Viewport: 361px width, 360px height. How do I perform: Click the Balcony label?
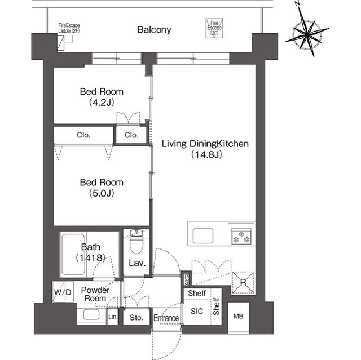(x=154, y=30)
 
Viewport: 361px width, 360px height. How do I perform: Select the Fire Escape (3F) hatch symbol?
(x=214, y=28)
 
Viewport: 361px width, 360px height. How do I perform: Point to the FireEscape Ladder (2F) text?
(x=69, y=28)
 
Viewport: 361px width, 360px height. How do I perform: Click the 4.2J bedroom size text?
(x=102, y=103)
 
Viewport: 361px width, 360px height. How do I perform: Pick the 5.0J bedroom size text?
(x=102, y=193)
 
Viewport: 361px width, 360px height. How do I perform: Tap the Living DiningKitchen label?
(x=205, y=144)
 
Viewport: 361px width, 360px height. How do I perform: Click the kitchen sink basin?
(x=203, y=235)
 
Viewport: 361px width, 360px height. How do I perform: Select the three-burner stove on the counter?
(x=241, y=236)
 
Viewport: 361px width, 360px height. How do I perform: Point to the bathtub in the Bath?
(x=73, y=254)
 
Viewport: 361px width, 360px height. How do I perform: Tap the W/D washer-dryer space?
(x=63, y=292)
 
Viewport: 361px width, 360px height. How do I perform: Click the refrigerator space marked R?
(x=243, y=283)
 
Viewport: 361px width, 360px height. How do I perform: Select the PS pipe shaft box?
(x=186, y=279)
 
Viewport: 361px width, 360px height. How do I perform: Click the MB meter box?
(x=238, y=317)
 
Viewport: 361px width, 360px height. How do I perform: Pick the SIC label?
(x=197, y=311)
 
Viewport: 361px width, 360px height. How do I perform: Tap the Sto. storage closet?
(x=137, y=318)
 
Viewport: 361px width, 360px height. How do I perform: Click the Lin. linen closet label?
(x=113, y=317)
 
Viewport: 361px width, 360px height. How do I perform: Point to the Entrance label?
(x=166, y=318)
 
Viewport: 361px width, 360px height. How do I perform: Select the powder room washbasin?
(x=91, y=314)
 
